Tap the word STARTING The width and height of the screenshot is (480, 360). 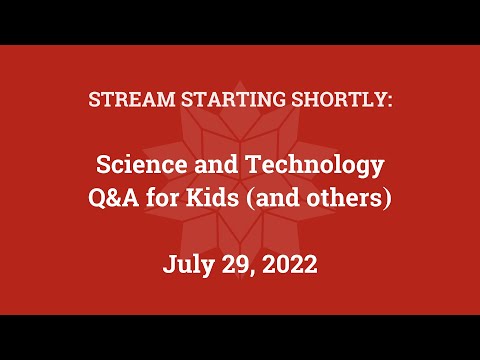[x=213, y=101]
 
